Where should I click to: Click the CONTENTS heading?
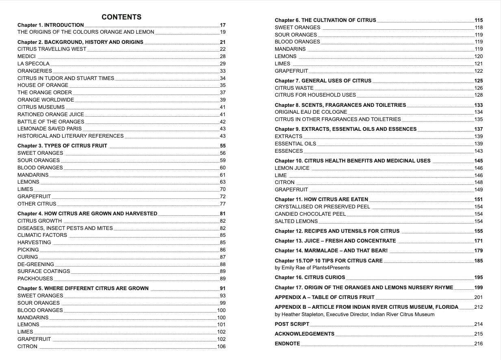121,17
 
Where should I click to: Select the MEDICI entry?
26,56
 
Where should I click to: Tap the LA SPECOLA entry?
33,64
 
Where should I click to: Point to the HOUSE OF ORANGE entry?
43,85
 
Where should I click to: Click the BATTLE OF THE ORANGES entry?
51,121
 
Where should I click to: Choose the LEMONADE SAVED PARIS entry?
50,129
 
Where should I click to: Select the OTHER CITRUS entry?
37,204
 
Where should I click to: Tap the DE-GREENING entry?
36,264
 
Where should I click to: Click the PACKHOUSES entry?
35,279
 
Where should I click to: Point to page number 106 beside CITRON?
221,347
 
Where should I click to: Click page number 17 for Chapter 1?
223,25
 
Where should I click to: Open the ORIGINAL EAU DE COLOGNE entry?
311,112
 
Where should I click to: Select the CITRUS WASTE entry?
294,88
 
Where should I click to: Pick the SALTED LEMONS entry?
296,221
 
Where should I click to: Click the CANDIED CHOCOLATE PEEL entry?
310,214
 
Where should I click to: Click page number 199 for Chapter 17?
478,288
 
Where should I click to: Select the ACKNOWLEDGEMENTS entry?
304,334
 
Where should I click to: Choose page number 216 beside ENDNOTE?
478,344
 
